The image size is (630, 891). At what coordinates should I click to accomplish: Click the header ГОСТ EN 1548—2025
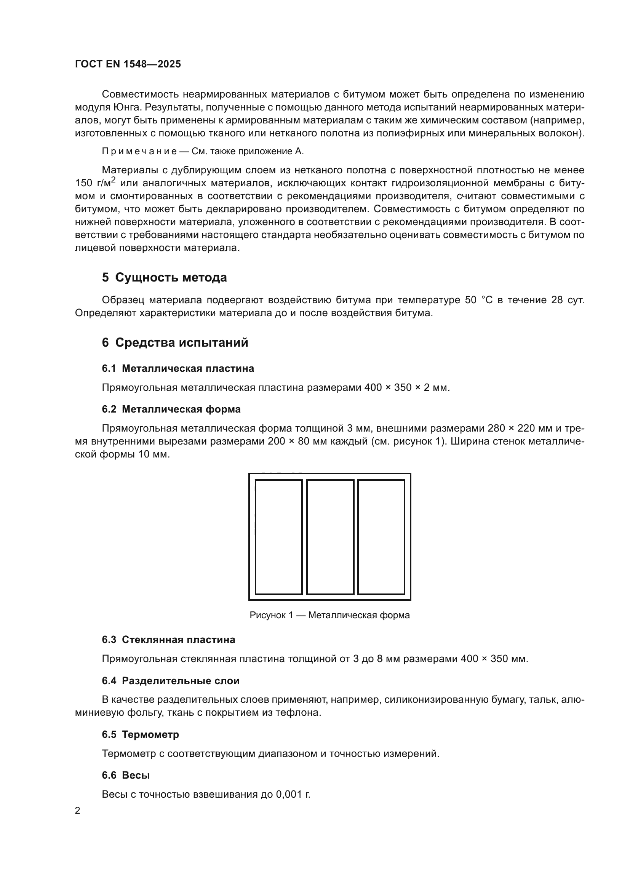point(128,64)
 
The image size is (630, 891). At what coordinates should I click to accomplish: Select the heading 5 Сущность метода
point(164,278)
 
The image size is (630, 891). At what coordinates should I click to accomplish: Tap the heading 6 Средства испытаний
point(175,343)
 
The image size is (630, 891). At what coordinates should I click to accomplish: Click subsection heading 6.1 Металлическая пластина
point(177,369)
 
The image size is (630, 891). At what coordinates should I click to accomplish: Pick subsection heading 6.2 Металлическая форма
point(171,410)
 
